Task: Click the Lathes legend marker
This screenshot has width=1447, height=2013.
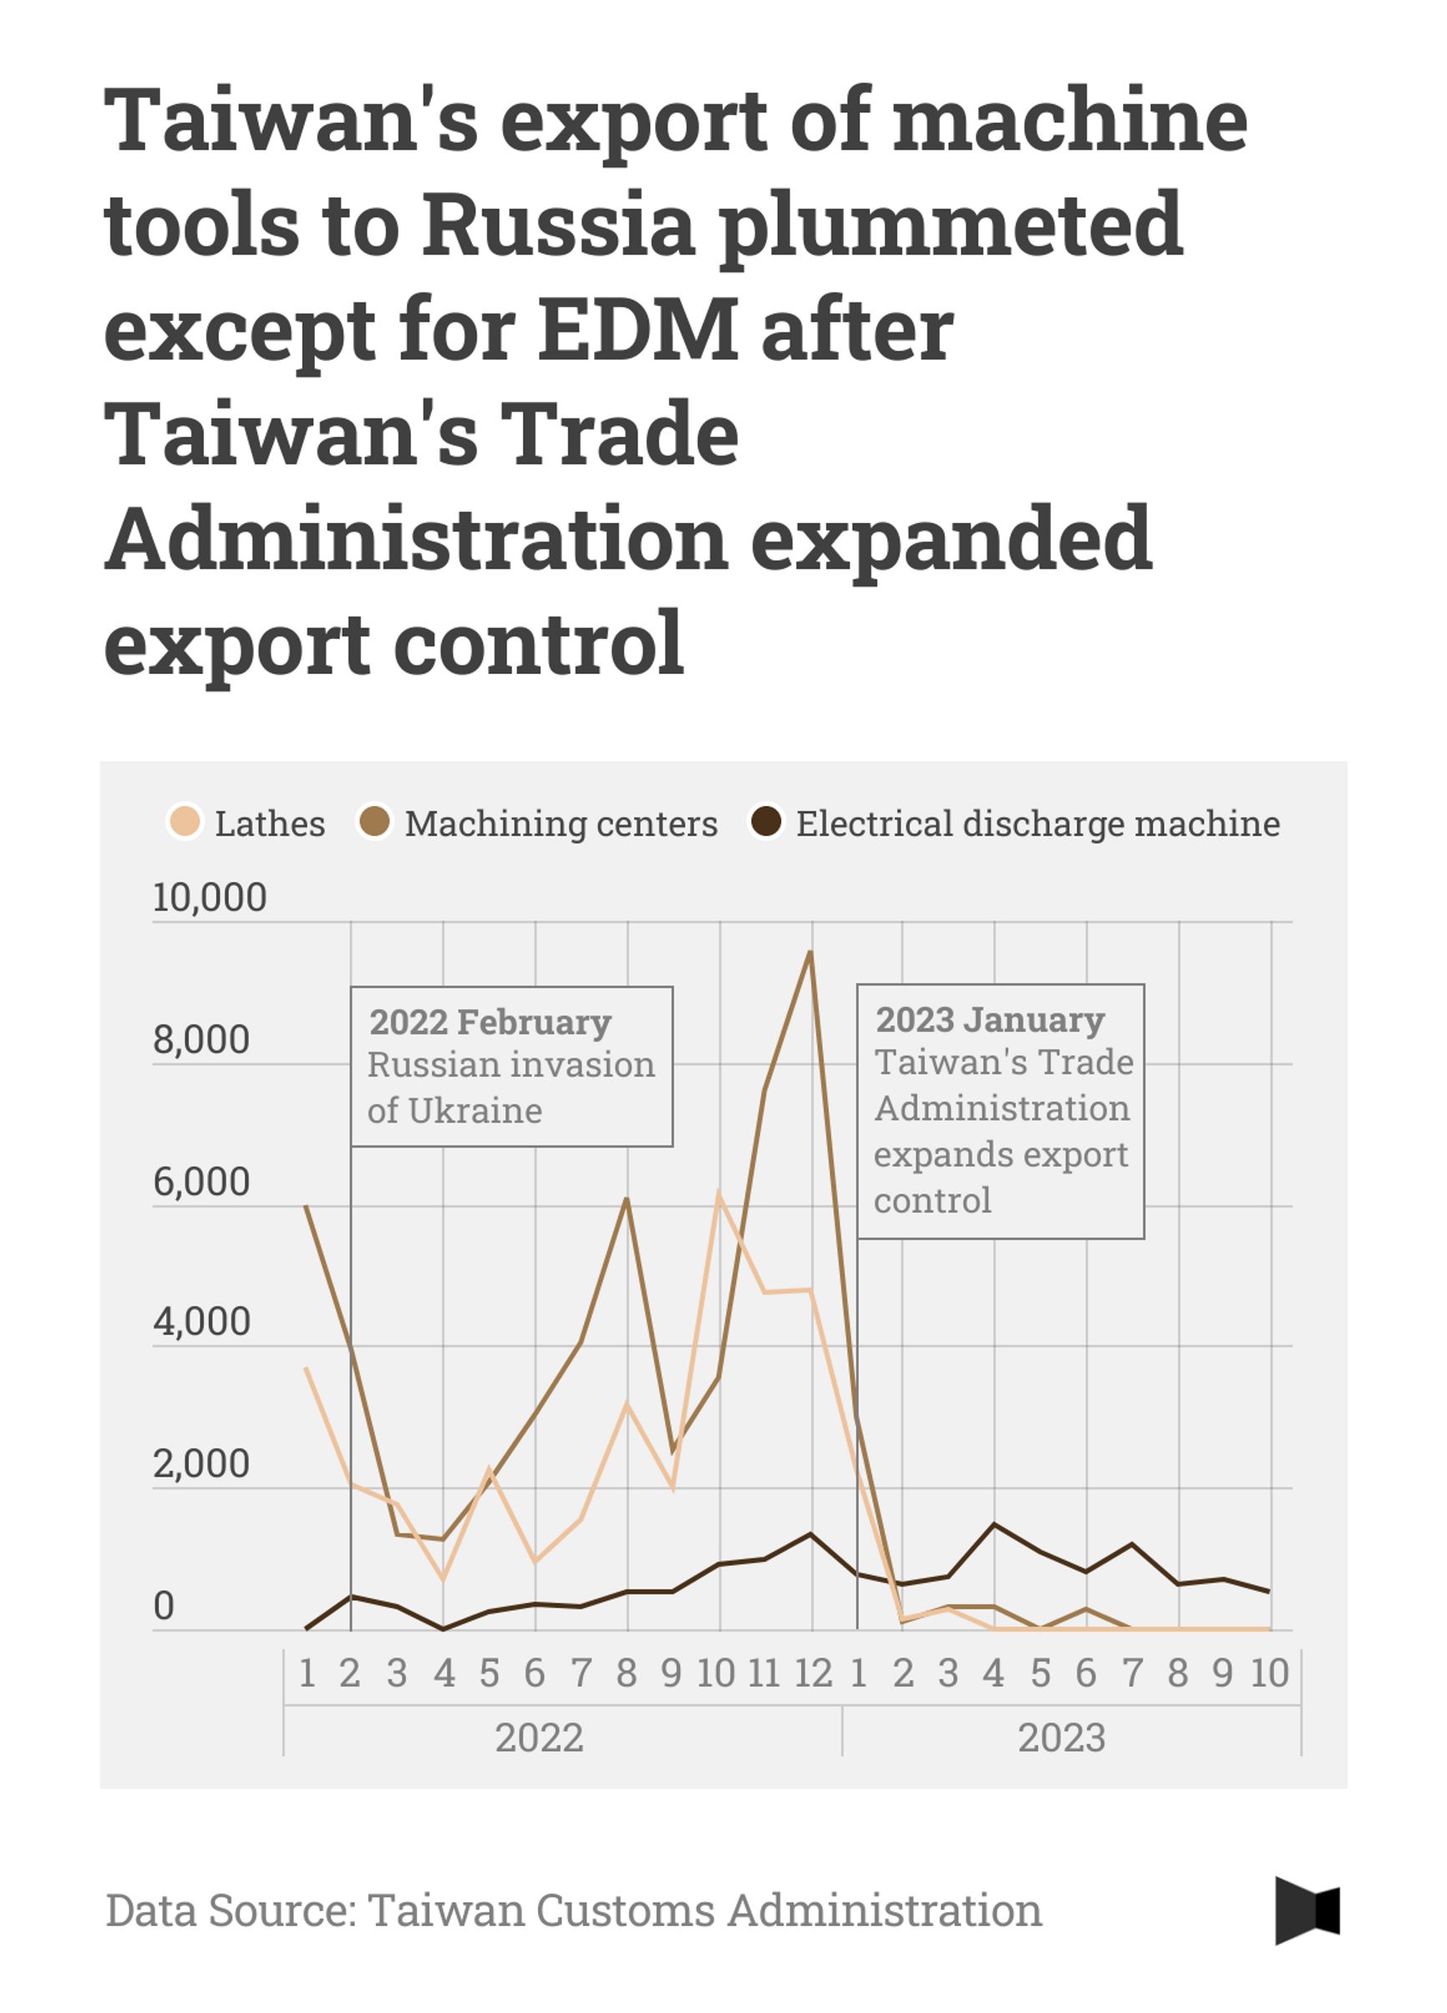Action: coord(185,822)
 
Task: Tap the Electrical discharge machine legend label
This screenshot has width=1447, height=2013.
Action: coord(1037,824)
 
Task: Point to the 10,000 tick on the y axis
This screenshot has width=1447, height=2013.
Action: coord(210,897)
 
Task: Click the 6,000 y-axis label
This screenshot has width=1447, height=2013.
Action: coord(201,1181)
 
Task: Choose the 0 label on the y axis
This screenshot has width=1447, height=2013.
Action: coord(164,1605)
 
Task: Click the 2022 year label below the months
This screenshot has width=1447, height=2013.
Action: coord(539,1737)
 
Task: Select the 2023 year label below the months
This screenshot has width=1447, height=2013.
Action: coord(1061,1737)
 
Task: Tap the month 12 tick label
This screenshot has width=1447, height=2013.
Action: coord(812,1673)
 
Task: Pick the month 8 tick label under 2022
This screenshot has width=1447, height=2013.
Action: coord(627,1673)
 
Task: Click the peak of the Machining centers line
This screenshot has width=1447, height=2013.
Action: coord(810,952)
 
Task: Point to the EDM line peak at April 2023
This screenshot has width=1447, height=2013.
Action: coord(994,1524)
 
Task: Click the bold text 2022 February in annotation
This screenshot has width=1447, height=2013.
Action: coord(490,1022)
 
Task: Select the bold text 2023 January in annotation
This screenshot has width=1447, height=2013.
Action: coord(990,1020)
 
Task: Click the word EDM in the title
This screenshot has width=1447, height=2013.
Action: coord(638,329)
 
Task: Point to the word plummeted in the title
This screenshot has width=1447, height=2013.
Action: coord(950,224)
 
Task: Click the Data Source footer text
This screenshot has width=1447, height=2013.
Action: coord(573,1910)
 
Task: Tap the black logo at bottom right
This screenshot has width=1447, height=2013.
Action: coord(1307,1910)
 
